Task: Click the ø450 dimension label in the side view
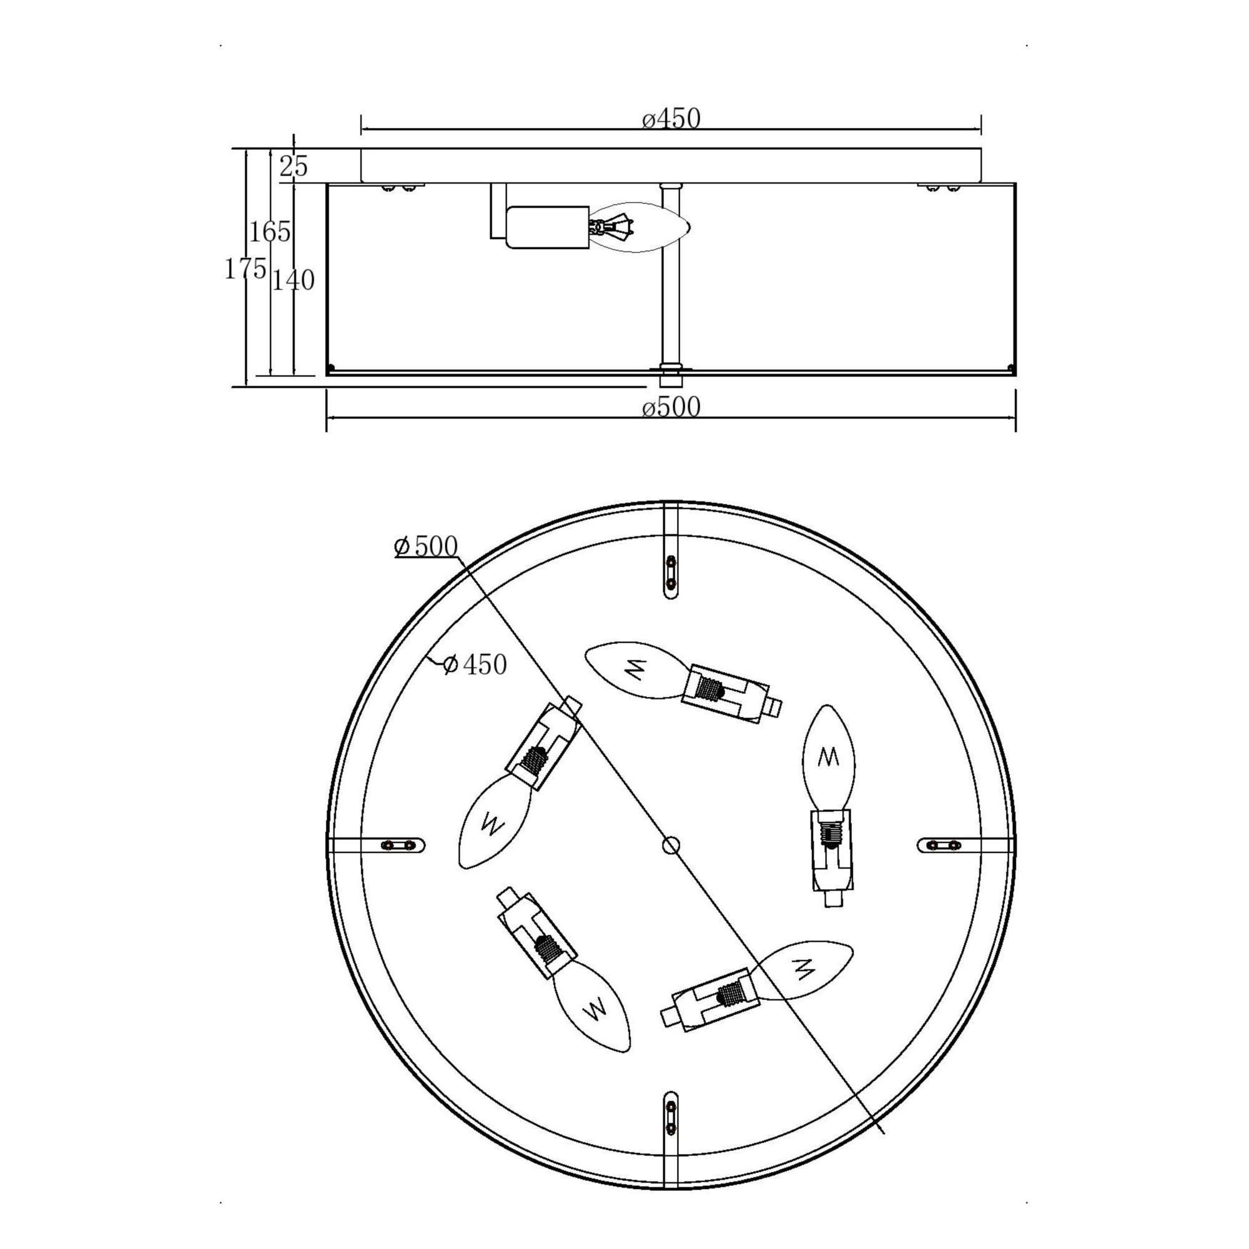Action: pyautogui.click(x=671, y=119)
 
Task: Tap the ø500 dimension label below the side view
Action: pyautogui.click(x=671, y=407)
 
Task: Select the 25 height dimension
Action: pyautogui.click(x=294, y=167)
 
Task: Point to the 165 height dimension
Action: pyautogui.click(x=270, y=232)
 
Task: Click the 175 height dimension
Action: pyautogui.click(x=245, y=269)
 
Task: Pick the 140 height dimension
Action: pyautogui.click(x=293, y=280)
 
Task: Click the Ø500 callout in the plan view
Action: pyautogui.click(x=426, y=547)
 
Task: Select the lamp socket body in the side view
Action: pyautogui.click(x=548, y=227)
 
